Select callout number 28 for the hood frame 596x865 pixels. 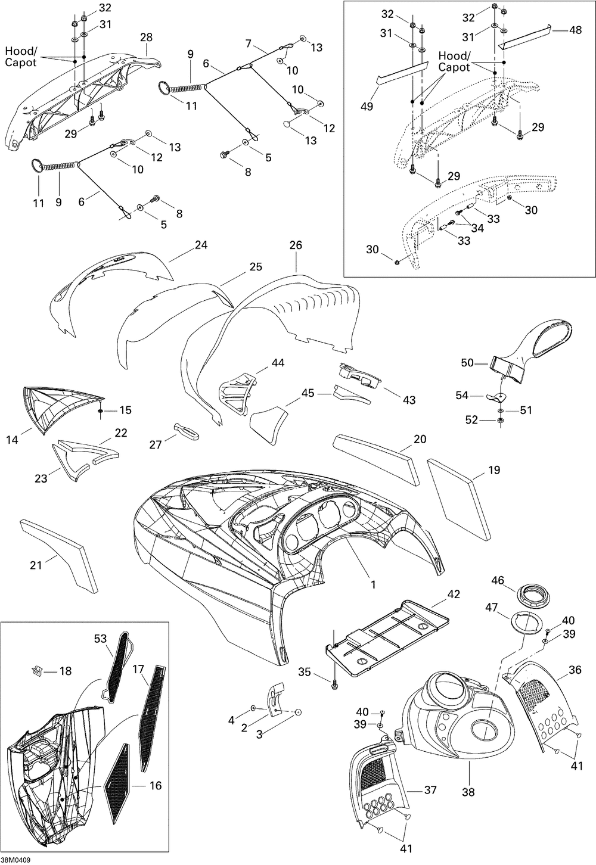click(x=146, y=38)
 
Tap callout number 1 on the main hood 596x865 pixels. click(x=374, y=584)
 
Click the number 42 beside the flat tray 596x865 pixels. click(x=455, y=593)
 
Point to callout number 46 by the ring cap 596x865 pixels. click(x=498, y=580)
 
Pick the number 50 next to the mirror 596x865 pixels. click(x=467, y=362)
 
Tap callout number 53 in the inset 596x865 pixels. click(x=100, y=639)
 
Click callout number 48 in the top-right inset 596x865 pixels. click(x=575, y=30)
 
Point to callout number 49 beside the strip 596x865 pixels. click(x=367, y=106)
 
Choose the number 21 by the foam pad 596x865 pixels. click(x=36, y=564)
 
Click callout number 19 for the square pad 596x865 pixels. click(x=494, y=471)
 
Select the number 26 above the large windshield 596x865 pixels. click(x=296, y=245)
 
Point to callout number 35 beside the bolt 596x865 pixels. click(x=305, y=673)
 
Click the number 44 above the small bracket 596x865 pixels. click(x=278, y=362)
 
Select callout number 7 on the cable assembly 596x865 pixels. click(x=248, y=43)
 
